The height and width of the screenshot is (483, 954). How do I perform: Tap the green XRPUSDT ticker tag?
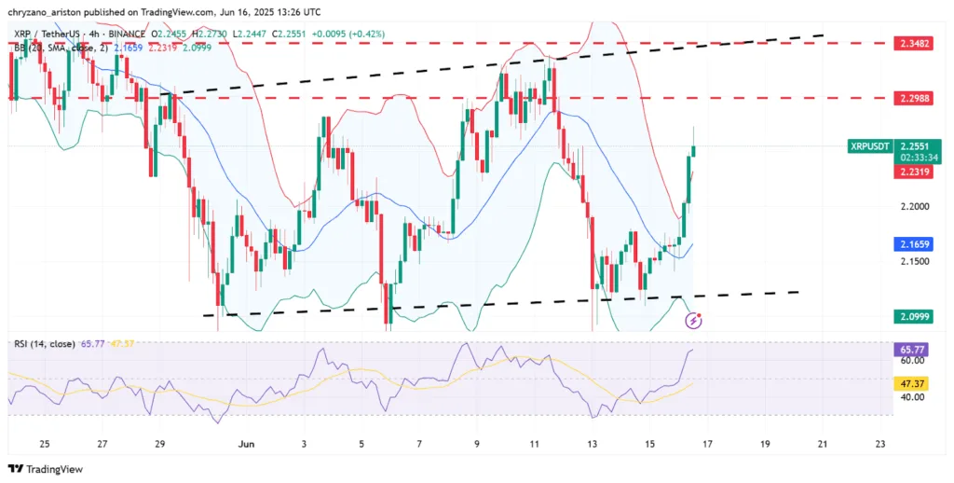(x=870, y=146)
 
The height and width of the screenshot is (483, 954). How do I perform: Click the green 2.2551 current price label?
(x=918, y=145)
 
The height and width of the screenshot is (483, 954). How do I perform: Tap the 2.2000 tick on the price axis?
(x=915, y=206)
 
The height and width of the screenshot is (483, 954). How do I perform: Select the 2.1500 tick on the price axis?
(x=915, y=262)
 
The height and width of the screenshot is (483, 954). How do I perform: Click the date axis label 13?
(x=592, y=445)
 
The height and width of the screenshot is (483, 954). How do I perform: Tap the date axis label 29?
(x=160, y=445)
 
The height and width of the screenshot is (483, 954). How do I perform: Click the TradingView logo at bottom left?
(x=46, y=469)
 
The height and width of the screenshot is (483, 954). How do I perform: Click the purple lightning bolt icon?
(x=693, y=321)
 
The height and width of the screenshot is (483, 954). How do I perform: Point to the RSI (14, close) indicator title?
(x=46, y=344)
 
